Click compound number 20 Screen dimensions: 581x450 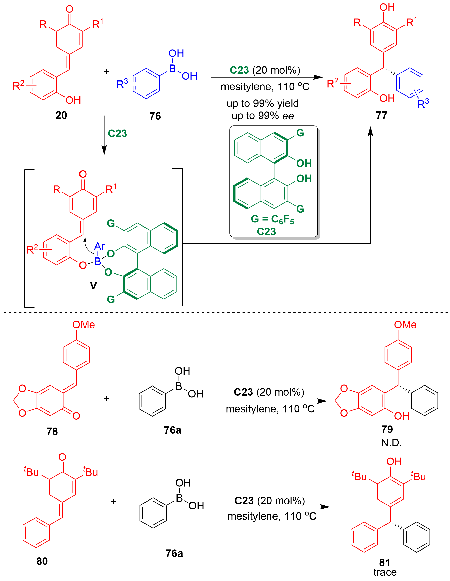pyautogui.click(x=61, y=116)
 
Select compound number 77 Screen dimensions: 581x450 pyautogui.click(x=381, y=116)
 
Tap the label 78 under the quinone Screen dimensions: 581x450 pyautogui.click(x=52, y=431)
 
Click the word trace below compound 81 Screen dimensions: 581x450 pyautogui.click(x=385, y=572)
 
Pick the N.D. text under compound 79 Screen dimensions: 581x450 pyautogui.click(x=391, y=443)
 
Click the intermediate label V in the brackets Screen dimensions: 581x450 pyautogui.click(x=93, y=286)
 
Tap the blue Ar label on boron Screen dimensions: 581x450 pyautogui.click(x=99, y=246)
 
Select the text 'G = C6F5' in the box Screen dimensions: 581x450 pyautogui.click(x=272, y=219)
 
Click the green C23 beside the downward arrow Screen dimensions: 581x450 pyautogui.click(x=117, y=133)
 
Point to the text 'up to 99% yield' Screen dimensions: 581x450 pyautogui.click(x=262, y=103)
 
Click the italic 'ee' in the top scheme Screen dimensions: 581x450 pyautogui.click(x=288, y=116)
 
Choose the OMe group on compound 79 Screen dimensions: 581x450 pyautogui.click(x=405, y=325)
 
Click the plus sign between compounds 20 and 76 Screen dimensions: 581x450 pyautogui.click(x=106, y=72)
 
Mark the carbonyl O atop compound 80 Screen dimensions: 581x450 pyautogui.click(x=62, y=457)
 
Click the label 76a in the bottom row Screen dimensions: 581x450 pyautogui.click(x=174, y=553)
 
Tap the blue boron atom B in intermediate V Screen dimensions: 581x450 pyautogui.click(x=98, y=261)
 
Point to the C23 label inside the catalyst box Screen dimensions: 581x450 pyautogui.click(x=266, y=231)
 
